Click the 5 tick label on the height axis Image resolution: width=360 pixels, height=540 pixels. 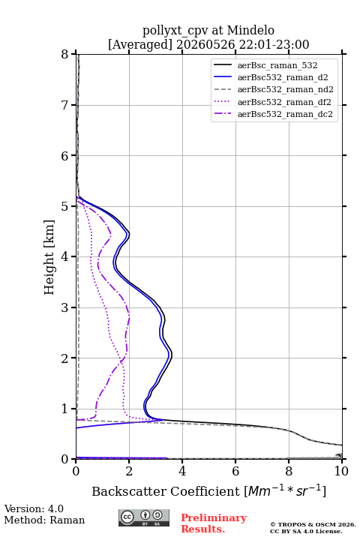[64, 206]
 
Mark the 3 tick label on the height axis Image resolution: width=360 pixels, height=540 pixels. [64, 307]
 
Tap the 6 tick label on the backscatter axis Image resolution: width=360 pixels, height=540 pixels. [235, 471]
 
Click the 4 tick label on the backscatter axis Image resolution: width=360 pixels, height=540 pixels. [182, 471]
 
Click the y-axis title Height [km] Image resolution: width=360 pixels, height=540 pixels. [49, 257]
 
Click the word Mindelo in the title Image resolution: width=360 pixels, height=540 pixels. [250, 30]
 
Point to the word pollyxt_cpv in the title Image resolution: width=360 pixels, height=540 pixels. [175, 31]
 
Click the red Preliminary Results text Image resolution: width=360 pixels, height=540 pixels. [214, 523]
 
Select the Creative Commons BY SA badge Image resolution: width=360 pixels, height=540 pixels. [144, 517]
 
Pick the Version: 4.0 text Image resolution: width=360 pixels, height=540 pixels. [34, 508]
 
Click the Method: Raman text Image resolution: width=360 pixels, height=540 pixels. [44, 520]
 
